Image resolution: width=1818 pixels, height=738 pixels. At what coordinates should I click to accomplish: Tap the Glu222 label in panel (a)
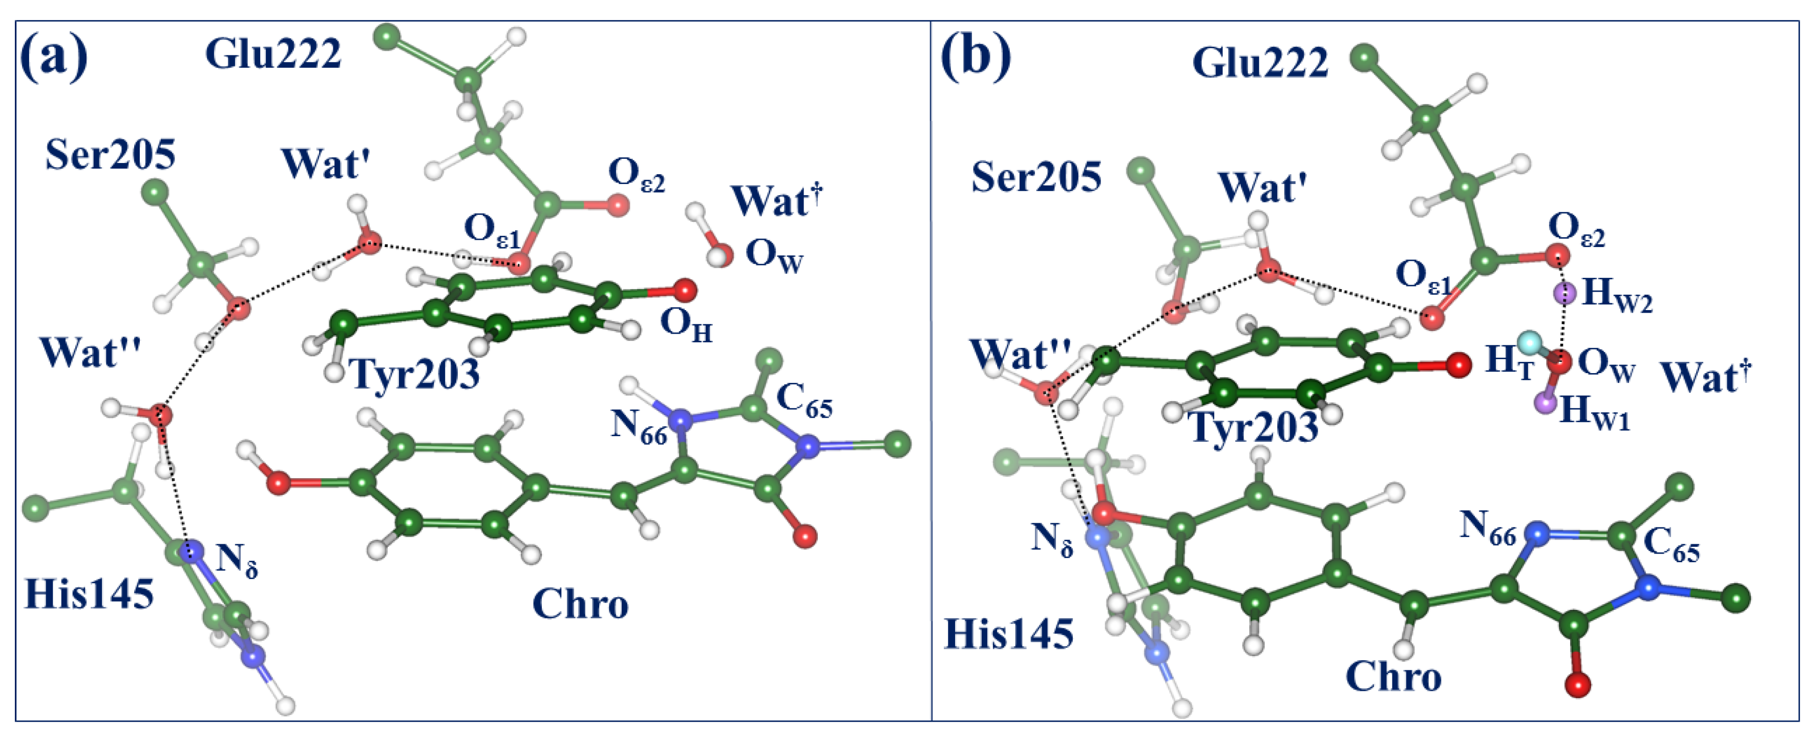click(273, 54)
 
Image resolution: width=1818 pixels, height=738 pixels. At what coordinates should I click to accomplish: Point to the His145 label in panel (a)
click(89, 594)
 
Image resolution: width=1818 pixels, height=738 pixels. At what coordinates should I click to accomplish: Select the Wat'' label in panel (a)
click(90, 352)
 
